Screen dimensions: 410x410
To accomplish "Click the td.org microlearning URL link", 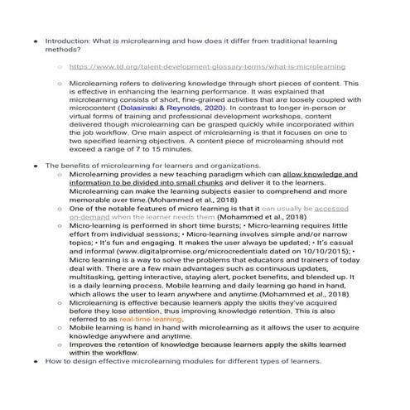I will coord(207,65).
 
